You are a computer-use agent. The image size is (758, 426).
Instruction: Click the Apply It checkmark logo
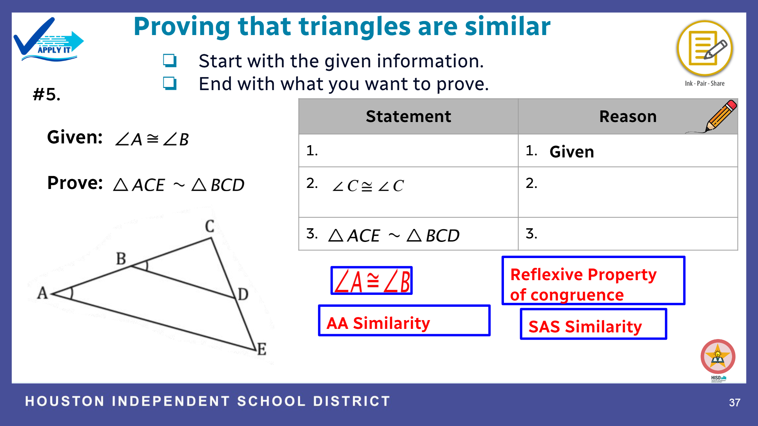pyautogui.click(x=48, y=40)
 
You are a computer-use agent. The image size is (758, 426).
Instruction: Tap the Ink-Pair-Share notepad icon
pyautogui.click(x=705, y=48)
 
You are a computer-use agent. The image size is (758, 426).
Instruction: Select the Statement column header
pyautogui.click(x=408, y=116)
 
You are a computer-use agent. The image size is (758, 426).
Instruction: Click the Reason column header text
pyautogui.click(x=628, y=116)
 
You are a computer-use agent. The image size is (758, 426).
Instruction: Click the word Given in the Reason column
pyautogui.click(x=572, y=152)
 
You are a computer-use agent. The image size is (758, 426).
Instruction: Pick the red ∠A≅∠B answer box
pyautogui.click(x=371, y=280)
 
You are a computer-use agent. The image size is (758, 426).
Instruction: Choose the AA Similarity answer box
pyautogui.click(x=404, y=320)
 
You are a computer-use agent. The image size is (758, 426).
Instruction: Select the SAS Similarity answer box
pyautogui.click(x=593, y=324)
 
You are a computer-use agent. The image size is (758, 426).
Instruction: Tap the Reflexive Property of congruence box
pyautogui.click(x=593, y=280)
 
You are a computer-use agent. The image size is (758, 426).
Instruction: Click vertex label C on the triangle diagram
pyautogui.click(x=210, y=226)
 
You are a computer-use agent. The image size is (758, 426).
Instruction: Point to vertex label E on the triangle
pyautogui.click(x=262, y=349)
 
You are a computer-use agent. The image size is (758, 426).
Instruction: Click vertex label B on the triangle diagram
pyautogui.click(x=121, y=259)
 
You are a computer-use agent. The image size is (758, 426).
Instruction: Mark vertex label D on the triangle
pyautogui.click(x=243, y=294)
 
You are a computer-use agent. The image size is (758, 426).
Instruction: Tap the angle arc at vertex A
pyautogui.click(x=71, y=293)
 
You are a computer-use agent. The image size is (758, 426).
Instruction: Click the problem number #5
pyautogui.click(x=47, y=94)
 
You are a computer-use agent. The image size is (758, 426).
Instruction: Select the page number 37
pyautogui.click(x=734, y=402)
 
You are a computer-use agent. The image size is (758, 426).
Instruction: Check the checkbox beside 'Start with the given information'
pyautogui.click(x=169, y=60)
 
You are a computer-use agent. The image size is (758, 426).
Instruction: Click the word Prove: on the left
pyautogui.click(x=75, y=183)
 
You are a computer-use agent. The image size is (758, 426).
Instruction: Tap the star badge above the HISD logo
pyautogui.click(x=718, y=356)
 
